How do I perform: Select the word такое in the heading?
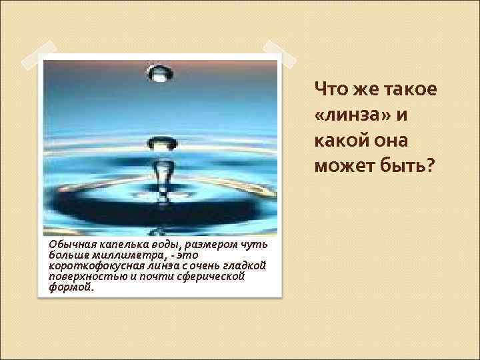point(407,89)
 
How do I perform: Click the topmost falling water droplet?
point(159,74)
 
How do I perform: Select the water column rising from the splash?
point(161,177)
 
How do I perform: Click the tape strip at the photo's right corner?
point(276,53)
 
